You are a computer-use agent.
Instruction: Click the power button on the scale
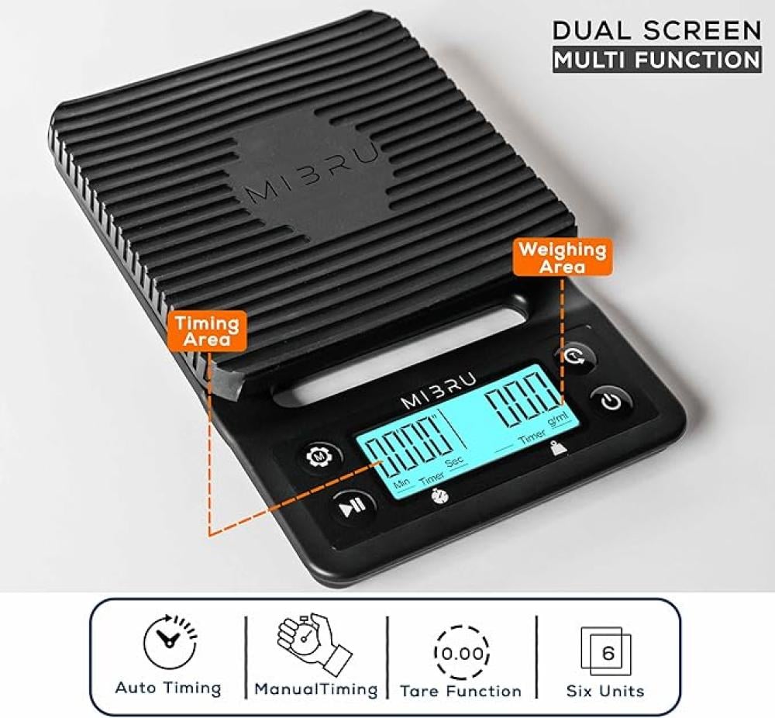tap(611, 400)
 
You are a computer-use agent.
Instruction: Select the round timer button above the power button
tap(574, 356)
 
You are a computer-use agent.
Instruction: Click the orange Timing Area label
tap(207, 331)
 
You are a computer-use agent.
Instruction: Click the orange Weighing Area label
tap(563, 257)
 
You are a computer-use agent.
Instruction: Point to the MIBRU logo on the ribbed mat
tap(312, 172)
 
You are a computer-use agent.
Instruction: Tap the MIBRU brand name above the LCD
tap(439, 391)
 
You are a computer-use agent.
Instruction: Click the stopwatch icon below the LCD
tap(440, 495)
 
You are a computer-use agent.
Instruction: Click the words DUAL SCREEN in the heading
tap(657, 30)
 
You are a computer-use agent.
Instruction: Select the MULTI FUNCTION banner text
tap(657, 60)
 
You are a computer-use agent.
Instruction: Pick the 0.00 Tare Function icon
tap(462, 654)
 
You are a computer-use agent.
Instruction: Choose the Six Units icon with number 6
tap(606, 651)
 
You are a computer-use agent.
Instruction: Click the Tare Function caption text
tap(460, 690)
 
